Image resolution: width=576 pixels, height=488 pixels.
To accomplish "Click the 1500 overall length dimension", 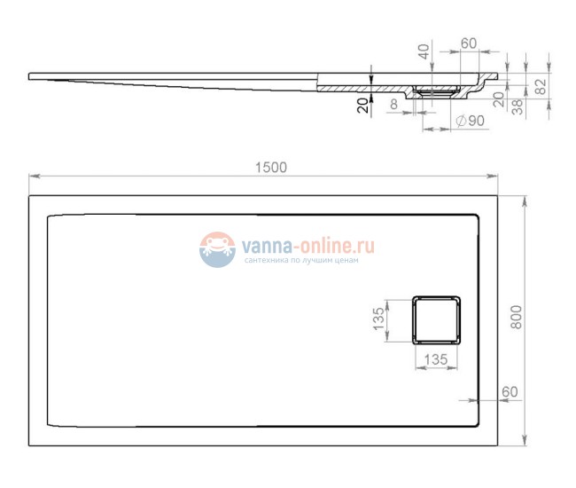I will point(272,168).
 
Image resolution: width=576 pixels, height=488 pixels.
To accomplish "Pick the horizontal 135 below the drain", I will point(434,359).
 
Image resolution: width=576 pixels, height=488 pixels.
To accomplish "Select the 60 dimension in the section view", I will point(469,44).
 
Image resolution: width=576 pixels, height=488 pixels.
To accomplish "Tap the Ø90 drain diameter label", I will point(470,122).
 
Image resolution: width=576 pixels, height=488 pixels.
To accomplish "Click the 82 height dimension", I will point(540,84).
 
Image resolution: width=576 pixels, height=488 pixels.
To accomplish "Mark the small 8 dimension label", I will point(393,106).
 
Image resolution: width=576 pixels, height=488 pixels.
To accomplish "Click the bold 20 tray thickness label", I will point(362,106).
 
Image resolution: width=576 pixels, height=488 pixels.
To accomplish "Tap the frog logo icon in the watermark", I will point(217,249).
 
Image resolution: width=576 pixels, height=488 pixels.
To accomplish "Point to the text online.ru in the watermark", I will point(338,246).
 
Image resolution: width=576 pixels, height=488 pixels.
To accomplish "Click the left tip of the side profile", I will point(31,76).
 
